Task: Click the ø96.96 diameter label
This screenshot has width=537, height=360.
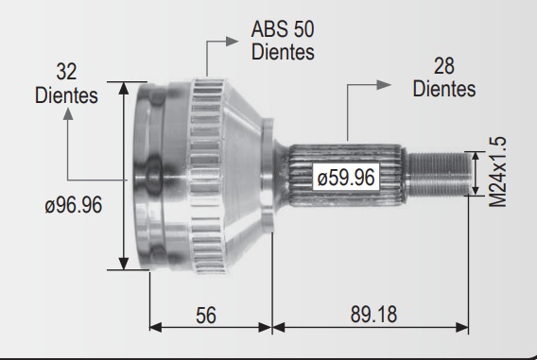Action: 74,205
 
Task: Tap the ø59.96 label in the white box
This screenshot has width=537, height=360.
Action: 346,178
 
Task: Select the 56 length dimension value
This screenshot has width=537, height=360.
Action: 206,316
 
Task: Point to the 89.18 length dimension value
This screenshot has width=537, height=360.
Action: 373,314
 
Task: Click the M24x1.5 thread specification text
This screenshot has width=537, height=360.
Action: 497,172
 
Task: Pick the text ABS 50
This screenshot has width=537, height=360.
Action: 283,29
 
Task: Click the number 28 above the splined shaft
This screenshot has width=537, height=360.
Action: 444,66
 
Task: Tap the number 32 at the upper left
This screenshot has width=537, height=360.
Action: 66,72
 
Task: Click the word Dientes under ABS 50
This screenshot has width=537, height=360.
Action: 283,52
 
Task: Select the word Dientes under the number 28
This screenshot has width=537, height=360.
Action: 444,89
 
